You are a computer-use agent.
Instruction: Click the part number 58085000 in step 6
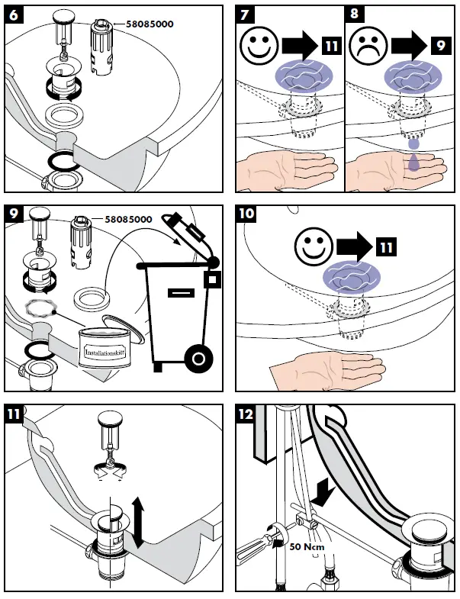pos(145,24)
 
